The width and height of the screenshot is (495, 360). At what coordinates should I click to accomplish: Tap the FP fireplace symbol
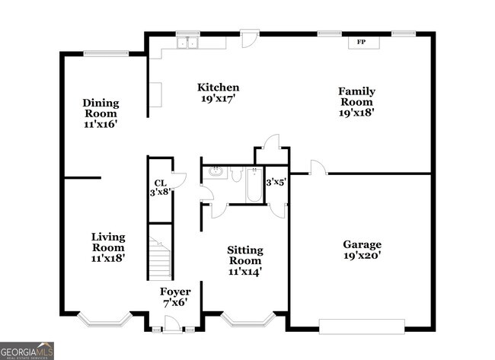pos(363,43)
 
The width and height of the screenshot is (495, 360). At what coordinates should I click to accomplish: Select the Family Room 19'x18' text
pos(356,102)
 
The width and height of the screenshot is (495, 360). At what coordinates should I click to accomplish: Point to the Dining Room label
pos(101,113)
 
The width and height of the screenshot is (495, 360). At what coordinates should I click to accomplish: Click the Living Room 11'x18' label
pos(108,247)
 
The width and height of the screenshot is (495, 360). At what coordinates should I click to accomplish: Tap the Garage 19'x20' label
pos(362,250)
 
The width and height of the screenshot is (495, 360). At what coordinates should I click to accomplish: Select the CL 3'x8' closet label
pos(160,188)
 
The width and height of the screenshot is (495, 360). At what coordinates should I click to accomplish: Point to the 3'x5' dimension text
pos(274,183)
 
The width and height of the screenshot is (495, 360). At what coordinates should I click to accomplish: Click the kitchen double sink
pos(187,43)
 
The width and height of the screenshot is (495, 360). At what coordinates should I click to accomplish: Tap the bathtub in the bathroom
pos(254,185)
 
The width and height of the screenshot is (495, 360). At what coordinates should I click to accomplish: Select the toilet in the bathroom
pos(235,174)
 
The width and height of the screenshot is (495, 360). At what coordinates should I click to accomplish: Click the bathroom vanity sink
pos(215,171)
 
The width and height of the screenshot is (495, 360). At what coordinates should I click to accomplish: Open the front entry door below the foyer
pos(174,326)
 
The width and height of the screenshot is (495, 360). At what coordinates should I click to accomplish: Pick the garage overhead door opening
pos(362,327)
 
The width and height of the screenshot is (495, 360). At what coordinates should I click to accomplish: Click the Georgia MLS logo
pos(27,350)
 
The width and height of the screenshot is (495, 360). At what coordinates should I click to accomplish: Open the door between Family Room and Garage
pos(318,168)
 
